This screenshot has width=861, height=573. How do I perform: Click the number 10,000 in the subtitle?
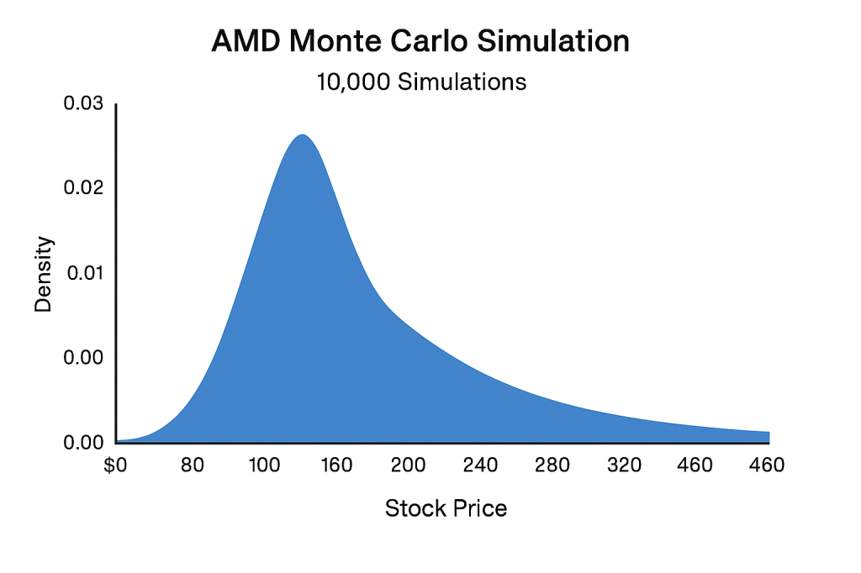tap(351, 82)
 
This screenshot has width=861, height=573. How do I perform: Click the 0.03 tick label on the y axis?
tap(82, 104)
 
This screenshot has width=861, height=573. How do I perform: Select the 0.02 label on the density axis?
tap(82, 188)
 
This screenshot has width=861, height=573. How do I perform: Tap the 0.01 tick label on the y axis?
tap(82, 273)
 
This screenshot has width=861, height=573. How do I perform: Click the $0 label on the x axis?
tap(116, 465)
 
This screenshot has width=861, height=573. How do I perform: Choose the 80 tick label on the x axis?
tap(193, 465)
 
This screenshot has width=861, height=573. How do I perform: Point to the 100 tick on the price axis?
tap(263, 465)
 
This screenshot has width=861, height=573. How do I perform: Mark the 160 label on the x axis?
tap(335, 465)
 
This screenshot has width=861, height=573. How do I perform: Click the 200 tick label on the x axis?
tap(408, 465)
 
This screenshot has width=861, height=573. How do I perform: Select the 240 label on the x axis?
tap(481, 465)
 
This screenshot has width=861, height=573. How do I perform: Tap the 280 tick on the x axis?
tap(553, 465)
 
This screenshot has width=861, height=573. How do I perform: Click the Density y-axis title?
tap(43, 274)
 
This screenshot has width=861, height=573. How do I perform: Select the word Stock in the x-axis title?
tap(409, 508)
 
